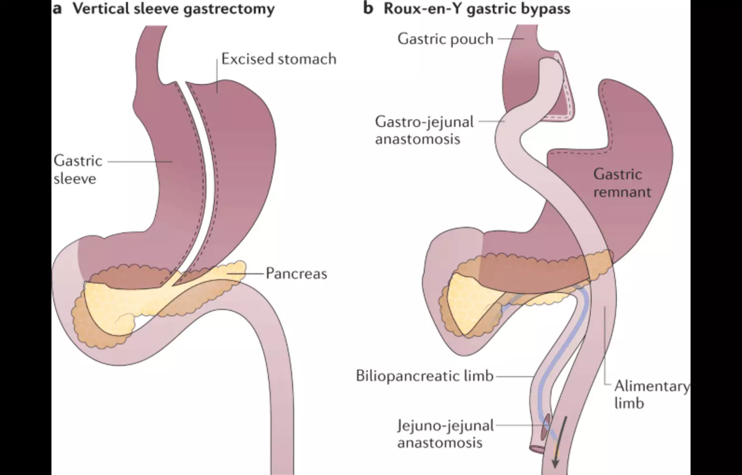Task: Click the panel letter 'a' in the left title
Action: click(57, 9)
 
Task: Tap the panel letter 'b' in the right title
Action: click(368, 8)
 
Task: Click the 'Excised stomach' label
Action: click(278, 59)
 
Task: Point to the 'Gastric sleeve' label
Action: click(78, 169)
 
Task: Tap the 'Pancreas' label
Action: click(296, 274)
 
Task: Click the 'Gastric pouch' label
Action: click(445, 39)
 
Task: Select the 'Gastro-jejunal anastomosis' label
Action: click(424, 130)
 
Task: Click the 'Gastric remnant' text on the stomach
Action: click(622, 183)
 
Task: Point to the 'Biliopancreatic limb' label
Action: click(424, 376)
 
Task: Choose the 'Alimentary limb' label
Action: click(650, 394)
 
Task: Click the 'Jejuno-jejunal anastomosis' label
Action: click(445, 433)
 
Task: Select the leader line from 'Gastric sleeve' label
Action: click(140, 161)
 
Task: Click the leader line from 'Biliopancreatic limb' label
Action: click(514, 376)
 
